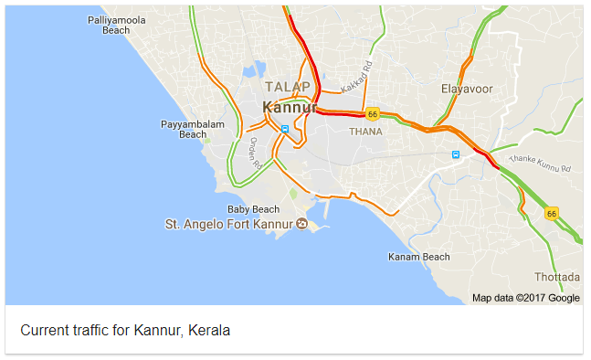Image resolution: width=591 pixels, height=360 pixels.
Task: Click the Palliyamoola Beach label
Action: [116, 25]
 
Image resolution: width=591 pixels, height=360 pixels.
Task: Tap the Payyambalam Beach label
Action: [193, 129]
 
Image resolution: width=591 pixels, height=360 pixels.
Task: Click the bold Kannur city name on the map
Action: [289, 107]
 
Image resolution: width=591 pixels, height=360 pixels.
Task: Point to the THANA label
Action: [365, 132]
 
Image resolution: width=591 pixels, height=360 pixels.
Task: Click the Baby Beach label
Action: [253, 209]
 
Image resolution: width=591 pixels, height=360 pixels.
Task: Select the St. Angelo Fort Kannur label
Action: [228, 224]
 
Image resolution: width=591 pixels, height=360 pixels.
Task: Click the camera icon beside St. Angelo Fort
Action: [302, 224]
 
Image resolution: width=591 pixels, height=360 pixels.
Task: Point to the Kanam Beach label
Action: [418, 257]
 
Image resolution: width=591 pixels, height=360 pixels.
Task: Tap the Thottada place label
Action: [556, 277]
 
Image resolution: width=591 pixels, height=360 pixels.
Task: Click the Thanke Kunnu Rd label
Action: [539, 164]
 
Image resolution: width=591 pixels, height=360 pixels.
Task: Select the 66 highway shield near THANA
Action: [372, 114]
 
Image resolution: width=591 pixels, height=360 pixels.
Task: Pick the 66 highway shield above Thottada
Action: [551, 213]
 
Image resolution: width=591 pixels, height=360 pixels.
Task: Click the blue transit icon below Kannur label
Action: [285, 129]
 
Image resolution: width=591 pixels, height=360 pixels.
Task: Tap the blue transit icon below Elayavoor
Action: [456, 154]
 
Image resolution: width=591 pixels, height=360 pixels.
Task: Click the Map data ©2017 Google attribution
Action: [525, 298]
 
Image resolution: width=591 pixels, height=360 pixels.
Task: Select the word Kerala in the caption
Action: [209, 330]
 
